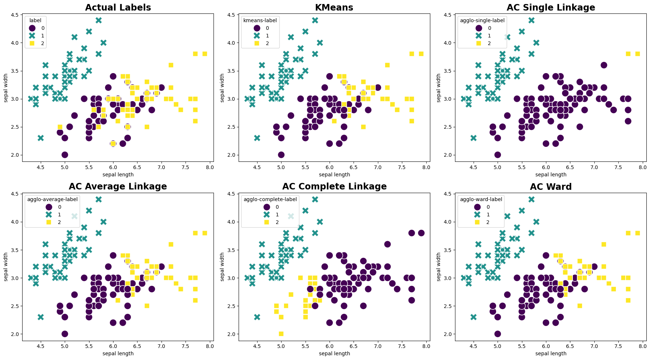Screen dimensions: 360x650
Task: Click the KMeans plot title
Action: click(x=334, y=7)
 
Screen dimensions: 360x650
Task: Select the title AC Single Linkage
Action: click(x=551, y=7)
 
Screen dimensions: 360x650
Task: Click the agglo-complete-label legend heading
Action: click(x=270, y=199)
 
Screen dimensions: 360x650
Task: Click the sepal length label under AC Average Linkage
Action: click(x=118, y=353)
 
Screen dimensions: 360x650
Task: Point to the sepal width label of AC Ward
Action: click(x=439, y=267)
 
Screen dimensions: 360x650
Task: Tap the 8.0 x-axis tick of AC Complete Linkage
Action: click(x=426, y=347)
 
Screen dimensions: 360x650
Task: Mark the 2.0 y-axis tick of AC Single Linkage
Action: click(x=449, y=155)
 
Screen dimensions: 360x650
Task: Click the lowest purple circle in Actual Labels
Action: click(x=65, y=155)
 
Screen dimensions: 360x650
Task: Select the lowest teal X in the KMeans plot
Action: click(x=257, y=138)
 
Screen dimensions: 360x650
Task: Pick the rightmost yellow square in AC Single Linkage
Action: click(x=638, y=54)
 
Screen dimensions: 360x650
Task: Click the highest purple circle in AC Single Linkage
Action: click(x=604, y=65)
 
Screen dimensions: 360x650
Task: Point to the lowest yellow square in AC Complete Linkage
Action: click(x=281, y=334)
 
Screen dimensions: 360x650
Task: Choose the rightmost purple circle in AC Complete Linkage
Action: click(x=421, y=233)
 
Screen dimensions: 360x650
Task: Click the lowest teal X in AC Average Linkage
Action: click(x=41, y=317)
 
